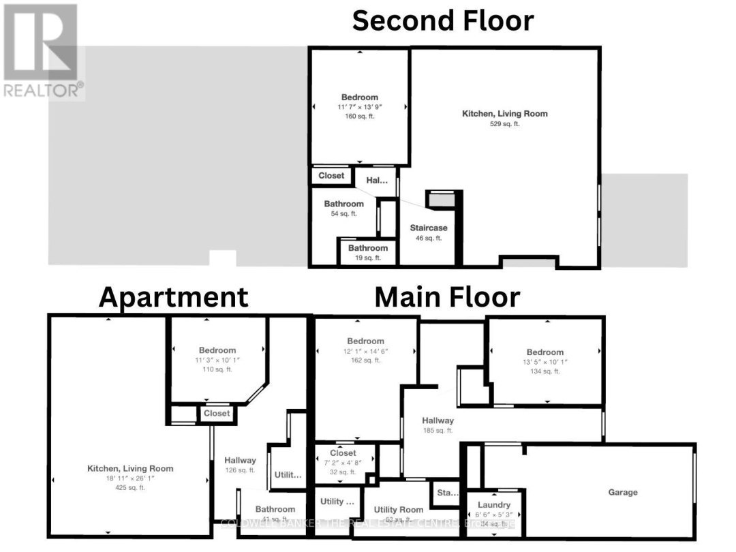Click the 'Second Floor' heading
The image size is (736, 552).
(x=442, y=20)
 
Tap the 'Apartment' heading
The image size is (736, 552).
(x=173, y=297)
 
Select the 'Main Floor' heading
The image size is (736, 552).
(x=447, y=297)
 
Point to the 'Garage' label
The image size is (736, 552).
(x=623, y=492)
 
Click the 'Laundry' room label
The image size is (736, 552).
(x=494, y=505)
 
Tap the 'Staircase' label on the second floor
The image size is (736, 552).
(x=429, y=228)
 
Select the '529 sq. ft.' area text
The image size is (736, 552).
(x=504, y=124)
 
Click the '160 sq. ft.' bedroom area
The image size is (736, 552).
(x=359, y=117)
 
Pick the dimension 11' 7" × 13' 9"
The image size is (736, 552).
(x=359, y=107)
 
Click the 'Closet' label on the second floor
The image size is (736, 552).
(x=331, y=176)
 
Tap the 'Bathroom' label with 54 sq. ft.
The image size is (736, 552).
(x=343, y=204)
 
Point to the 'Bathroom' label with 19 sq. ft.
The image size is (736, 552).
(x=368, y=248)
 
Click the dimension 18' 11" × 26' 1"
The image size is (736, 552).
(x=129, y=478)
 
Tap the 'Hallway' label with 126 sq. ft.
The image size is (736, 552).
(x=240, y=461)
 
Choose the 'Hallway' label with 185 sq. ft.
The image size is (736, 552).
(x=438, y=420)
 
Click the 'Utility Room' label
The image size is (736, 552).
(x=399, y=510)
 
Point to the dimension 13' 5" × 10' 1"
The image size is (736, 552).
(x=545, y=362)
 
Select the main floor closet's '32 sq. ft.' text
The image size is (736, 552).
(x=342, y=472)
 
